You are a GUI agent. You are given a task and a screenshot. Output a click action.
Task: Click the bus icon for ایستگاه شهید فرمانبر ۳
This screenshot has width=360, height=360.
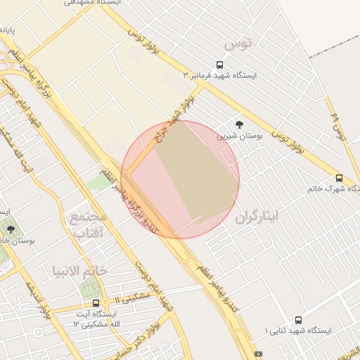[x=221, y=64]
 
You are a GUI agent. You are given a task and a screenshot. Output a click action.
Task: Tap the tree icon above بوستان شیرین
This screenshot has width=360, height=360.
[x=240, y=124]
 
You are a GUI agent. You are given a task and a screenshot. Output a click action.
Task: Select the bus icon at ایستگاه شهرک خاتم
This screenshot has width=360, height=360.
[x=340, y=178]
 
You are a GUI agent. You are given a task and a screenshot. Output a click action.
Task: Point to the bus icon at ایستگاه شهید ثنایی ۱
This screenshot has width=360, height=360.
[x=299, y=320]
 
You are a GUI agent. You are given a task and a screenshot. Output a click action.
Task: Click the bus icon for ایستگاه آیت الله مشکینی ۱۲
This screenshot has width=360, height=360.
[x=96, y=303]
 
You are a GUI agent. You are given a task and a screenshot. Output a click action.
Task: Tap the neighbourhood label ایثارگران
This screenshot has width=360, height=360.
[x=257, y=216]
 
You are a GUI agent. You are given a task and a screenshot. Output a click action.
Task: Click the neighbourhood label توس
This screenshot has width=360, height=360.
[x=238, y=45]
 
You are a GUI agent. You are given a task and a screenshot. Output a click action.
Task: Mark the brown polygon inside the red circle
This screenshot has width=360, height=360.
[x=197, y=172]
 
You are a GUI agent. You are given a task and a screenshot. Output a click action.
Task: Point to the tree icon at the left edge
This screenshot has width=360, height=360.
[x=10, y=229]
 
